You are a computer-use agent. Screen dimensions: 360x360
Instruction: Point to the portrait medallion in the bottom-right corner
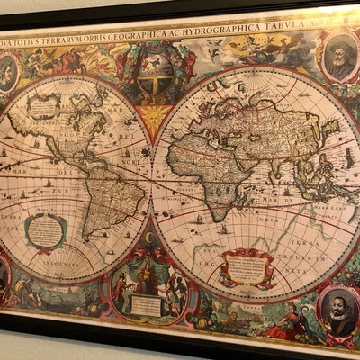[x=337, y=310]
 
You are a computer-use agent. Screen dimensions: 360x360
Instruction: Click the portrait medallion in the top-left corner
[x=8, y=72]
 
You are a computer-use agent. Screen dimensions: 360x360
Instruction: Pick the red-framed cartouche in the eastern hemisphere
[x=246, y=265]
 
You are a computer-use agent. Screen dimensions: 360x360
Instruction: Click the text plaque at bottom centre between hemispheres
[x=147, y=303]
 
